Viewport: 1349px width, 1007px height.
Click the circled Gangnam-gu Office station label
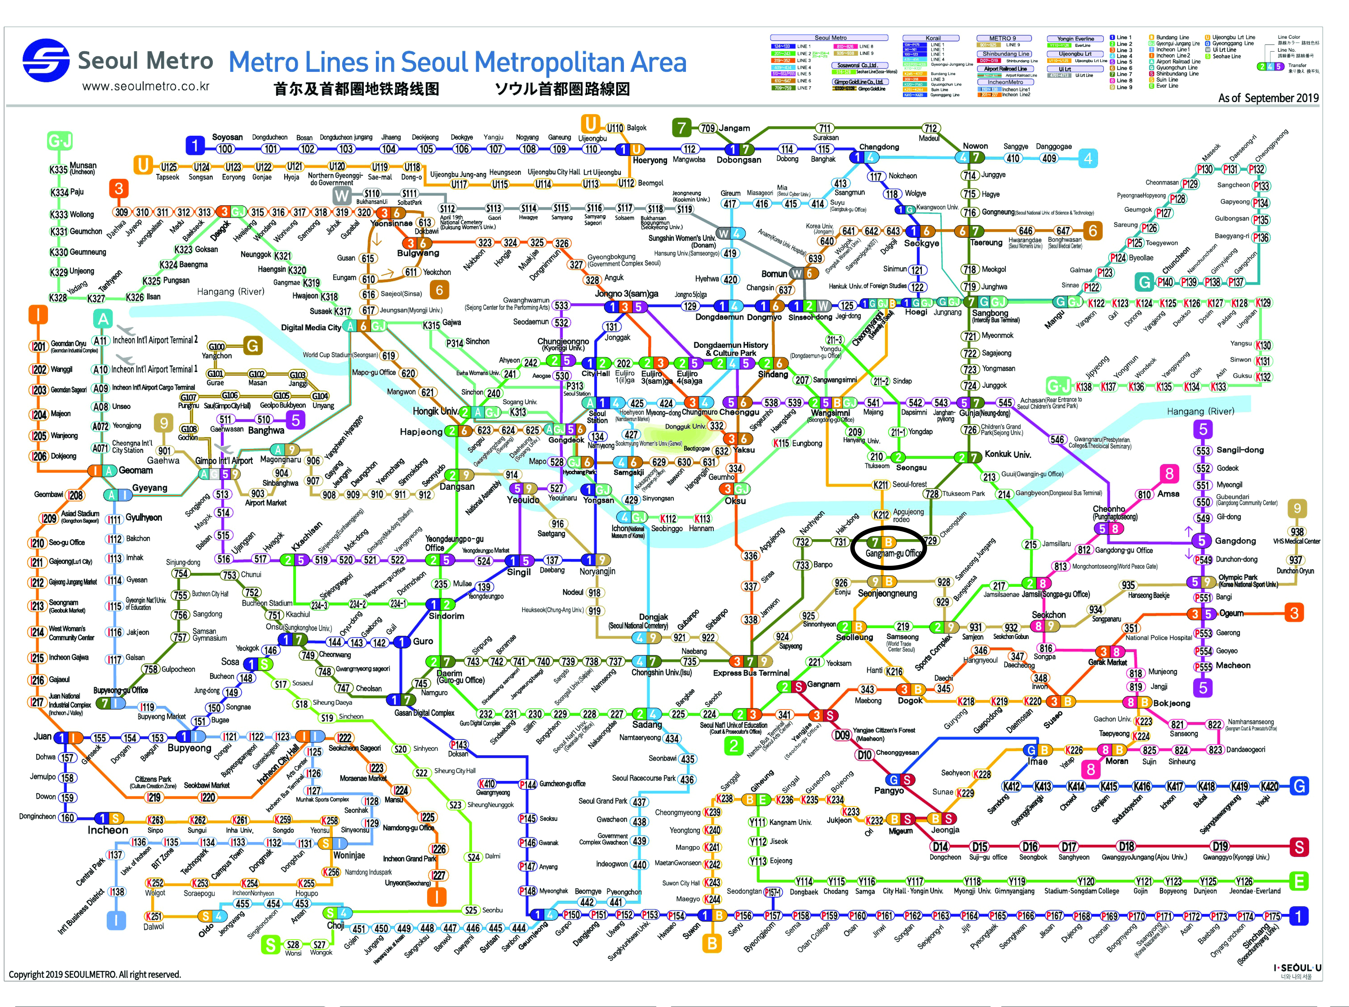tap(893, 553)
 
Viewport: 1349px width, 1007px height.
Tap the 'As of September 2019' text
tap(1268, 98)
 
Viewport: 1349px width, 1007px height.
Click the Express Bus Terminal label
tap(751, 673)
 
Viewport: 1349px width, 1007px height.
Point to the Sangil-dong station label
tap(1240, 450)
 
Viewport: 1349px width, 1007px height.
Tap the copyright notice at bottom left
tap(94, 974)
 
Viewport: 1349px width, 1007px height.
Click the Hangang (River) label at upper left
tap(230, 292)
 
